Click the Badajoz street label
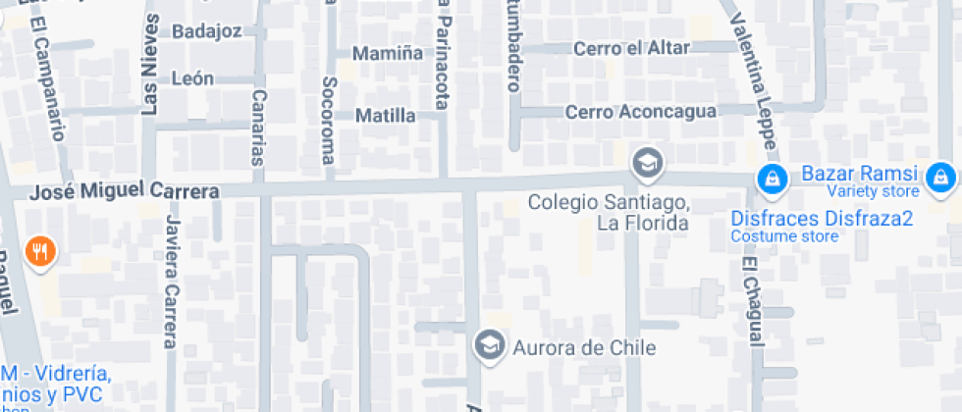206,31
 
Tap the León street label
192,78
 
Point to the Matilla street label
385,116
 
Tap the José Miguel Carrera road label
124,192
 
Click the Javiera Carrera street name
171,282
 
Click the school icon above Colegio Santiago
646,163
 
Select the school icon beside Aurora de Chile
487,344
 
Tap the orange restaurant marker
40,251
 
